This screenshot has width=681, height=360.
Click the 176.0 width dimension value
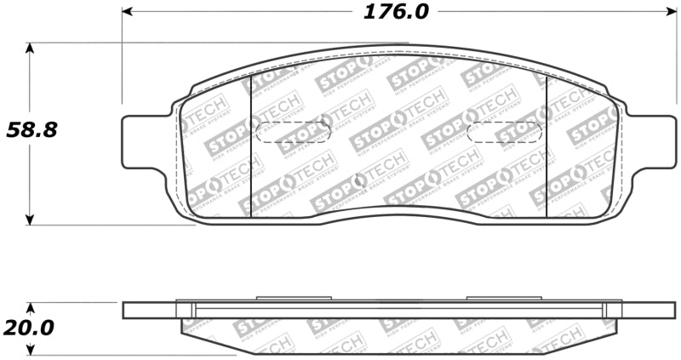pyautogui.click(x=397, y=12)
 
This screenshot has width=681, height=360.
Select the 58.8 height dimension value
pyautogui.click(x=31, y=131)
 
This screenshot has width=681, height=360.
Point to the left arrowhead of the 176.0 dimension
pyautogui.click(x=128, y=12)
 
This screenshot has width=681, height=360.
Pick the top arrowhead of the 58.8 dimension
pyautogui.click(x=31, y=48)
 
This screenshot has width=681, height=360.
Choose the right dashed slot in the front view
pyautogui.click(x=506, y=132)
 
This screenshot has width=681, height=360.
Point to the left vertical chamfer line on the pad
pyautogui.click(x=250, y=145)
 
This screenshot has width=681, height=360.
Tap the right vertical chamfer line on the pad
pyautogui.click(x=545, y=145)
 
